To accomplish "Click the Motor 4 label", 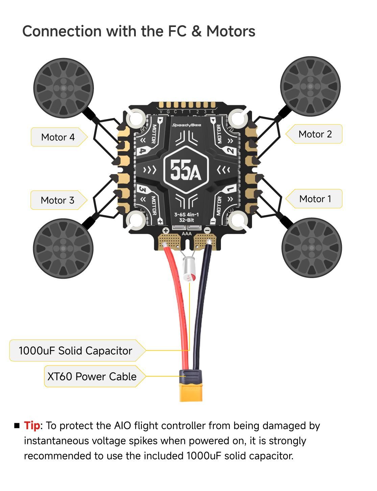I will pyautogui.click(x=58, y=137).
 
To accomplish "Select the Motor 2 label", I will pyautogui.click(x=315, y=134).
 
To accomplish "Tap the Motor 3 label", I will pyautogui.click(x=57, y=200).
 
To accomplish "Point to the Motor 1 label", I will pyautogui.click(x=315, y=199).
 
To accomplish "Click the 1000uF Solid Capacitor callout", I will pyautogui.click(x=75, y=351).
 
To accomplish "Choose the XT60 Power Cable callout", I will pyautogui.click(x=92, y=376).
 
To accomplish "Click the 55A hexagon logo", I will pyautogui.click(x=186, y=170).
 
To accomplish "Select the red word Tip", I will pyautogui.click(x=32, y=426).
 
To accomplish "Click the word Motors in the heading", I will pyautogui.click(x=231, y=31).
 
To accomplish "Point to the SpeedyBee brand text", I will pyautogui.click(x=186, y=125).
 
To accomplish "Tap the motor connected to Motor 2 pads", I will pyautogui.click(x=310, y=86).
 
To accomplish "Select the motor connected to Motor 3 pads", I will pyautogui.click(x=63, y=248).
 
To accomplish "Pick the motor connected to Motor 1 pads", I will pyautogui.click(x=311, y=248).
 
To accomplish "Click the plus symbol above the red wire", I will pyautogui.click(x=166, y=231).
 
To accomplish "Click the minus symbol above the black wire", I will pyautogui.click(x=207, y=231).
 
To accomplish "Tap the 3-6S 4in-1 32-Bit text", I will pyautogui.click(x=186, y=217).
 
